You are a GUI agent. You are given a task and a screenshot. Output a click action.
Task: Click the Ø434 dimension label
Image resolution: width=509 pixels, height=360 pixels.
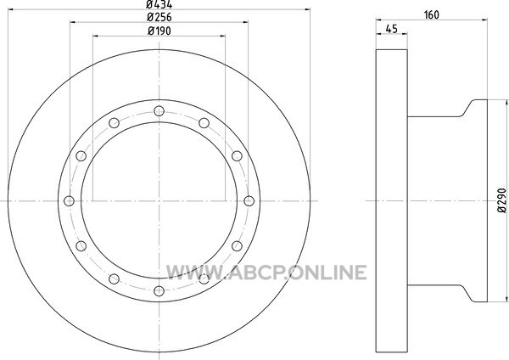tap(159, 4)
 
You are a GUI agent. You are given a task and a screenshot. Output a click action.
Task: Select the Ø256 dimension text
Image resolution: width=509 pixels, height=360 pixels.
tap(159, 17)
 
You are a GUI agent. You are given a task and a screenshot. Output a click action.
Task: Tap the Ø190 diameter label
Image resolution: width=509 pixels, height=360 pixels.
tap(159, 31)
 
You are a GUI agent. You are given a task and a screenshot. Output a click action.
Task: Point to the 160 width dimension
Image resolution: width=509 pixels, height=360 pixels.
tap(432, 15)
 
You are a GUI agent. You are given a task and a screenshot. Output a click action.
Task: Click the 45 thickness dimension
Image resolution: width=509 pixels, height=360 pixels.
tap(392, 29)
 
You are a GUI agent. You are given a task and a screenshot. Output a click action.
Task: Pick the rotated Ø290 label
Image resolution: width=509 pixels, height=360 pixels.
tap(501, 200)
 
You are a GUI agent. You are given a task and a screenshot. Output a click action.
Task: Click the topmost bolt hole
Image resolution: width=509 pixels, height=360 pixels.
tap(159, 111)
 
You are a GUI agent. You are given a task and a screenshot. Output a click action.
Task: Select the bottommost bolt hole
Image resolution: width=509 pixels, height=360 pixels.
tap(159, 290)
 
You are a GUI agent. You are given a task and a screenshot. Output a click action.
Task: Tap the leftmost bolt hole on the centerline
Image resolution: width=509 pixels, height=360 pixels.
tap(70, 201)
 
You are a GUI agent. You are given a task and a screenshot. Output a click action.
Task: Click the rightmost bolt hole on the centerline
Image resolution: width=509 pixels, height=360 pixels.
tap(249, 201)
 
